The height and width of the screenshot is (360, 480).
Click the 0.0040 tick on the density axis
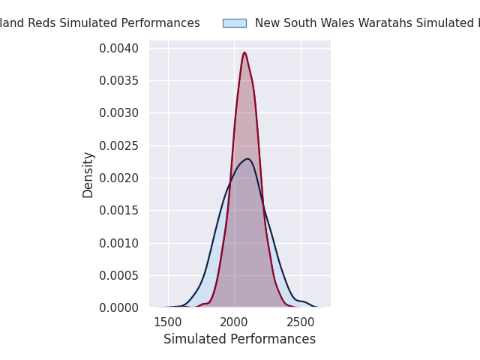[119, 49]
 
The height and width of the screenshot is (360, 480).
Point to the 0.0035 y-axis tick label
[119, 81]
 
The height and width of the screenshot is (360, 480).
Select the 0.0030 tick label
[119, 113]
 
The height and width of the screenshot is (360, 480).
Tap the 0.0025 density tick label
[119, 146]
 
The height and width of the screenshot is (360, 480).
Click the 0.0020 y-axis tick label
[119, 178]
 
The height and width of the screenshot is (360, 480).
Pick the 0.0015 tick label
[119, 211]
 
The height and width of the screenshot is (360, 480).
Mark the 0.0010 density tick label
[119, 243]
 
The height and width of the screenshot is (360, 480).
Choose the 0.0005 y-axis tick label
[119, 276]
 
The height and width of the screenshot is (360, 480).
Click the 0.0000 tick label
[119, 308]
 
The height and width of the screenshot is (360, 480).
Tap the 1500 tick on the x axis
[168, 322]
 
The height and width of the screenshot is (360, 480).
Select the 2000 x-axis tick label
[235, 322]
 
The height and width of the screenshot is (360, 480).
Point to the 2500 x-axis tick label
[301, 322]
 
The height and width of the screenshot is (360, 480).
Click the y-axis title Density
[88, 175]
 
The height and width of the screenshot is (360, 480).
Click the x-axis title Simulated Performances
[239, 340]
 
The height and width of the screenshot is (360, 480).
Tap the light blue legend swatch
[234, 23]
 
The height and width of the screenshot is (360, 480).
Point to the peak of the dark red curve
[244, 52]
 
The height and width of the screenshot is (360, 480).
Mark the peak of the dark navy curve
[247, 159]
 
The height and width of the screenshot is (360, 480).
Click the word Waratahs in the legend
[398, 23]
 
